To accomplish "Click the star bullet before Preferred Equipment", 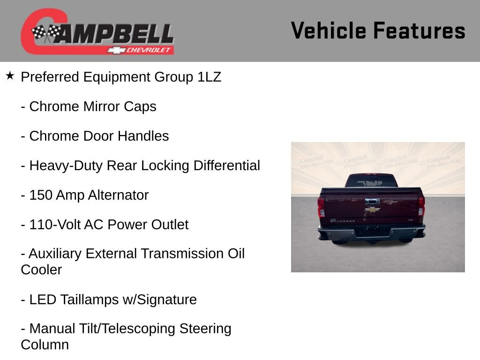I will coord(10,75).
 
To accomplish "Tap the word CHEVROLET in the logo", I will coord(149,50).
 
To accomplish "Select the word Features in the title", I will coord(419,30).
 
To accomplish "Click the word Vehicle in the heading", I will coord(328,30).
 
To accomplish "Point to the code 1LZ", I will coord(209,77).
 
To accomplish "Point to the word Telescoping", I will coord(138,329).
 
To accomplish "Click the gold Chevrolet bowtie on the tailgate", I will coord(372,210).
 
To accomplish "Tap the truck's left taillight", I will coord(321,206).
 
